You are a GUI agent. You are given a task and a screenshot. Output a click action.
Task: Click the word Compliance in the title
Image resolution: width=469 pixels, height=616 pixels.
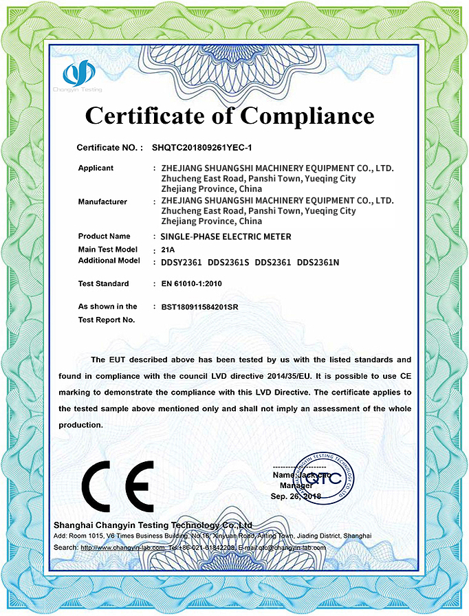(x=307, y=114)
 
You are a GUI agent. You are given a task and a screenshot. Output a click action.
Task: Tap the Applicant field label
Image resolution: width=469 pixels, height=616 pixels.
(x=96, y=168)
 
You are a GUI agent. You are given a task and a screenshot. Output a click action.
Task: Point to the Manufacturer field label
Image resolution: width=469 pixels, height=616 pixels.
(x=102, y=201)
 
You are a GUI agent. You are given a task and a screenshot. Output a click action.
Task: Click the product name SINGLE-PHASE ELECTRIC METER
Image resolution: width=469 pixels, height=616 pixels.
(x=225, y=236)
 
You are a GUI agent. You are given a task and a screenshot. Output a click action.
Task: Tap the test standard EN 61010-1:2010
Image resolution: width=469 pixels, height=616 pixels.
(x=192, y=283)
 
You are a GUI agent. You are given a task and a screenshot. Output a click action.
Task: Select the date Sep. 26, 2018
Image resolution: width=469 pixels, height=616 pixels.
(x=296, y=495)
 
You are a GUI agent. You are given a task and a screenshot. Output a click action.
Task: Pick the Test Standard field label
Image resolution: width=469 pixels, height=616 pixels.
(x=103, y=283)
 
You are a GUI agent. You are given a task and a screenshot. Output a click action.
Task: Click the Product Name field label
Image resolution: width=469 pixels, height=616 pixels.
(x=104, y=236)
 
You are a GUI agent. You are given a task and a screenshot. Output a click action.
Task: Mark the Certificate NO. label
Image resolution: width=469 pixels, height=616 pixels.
(x=109, y=147)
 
